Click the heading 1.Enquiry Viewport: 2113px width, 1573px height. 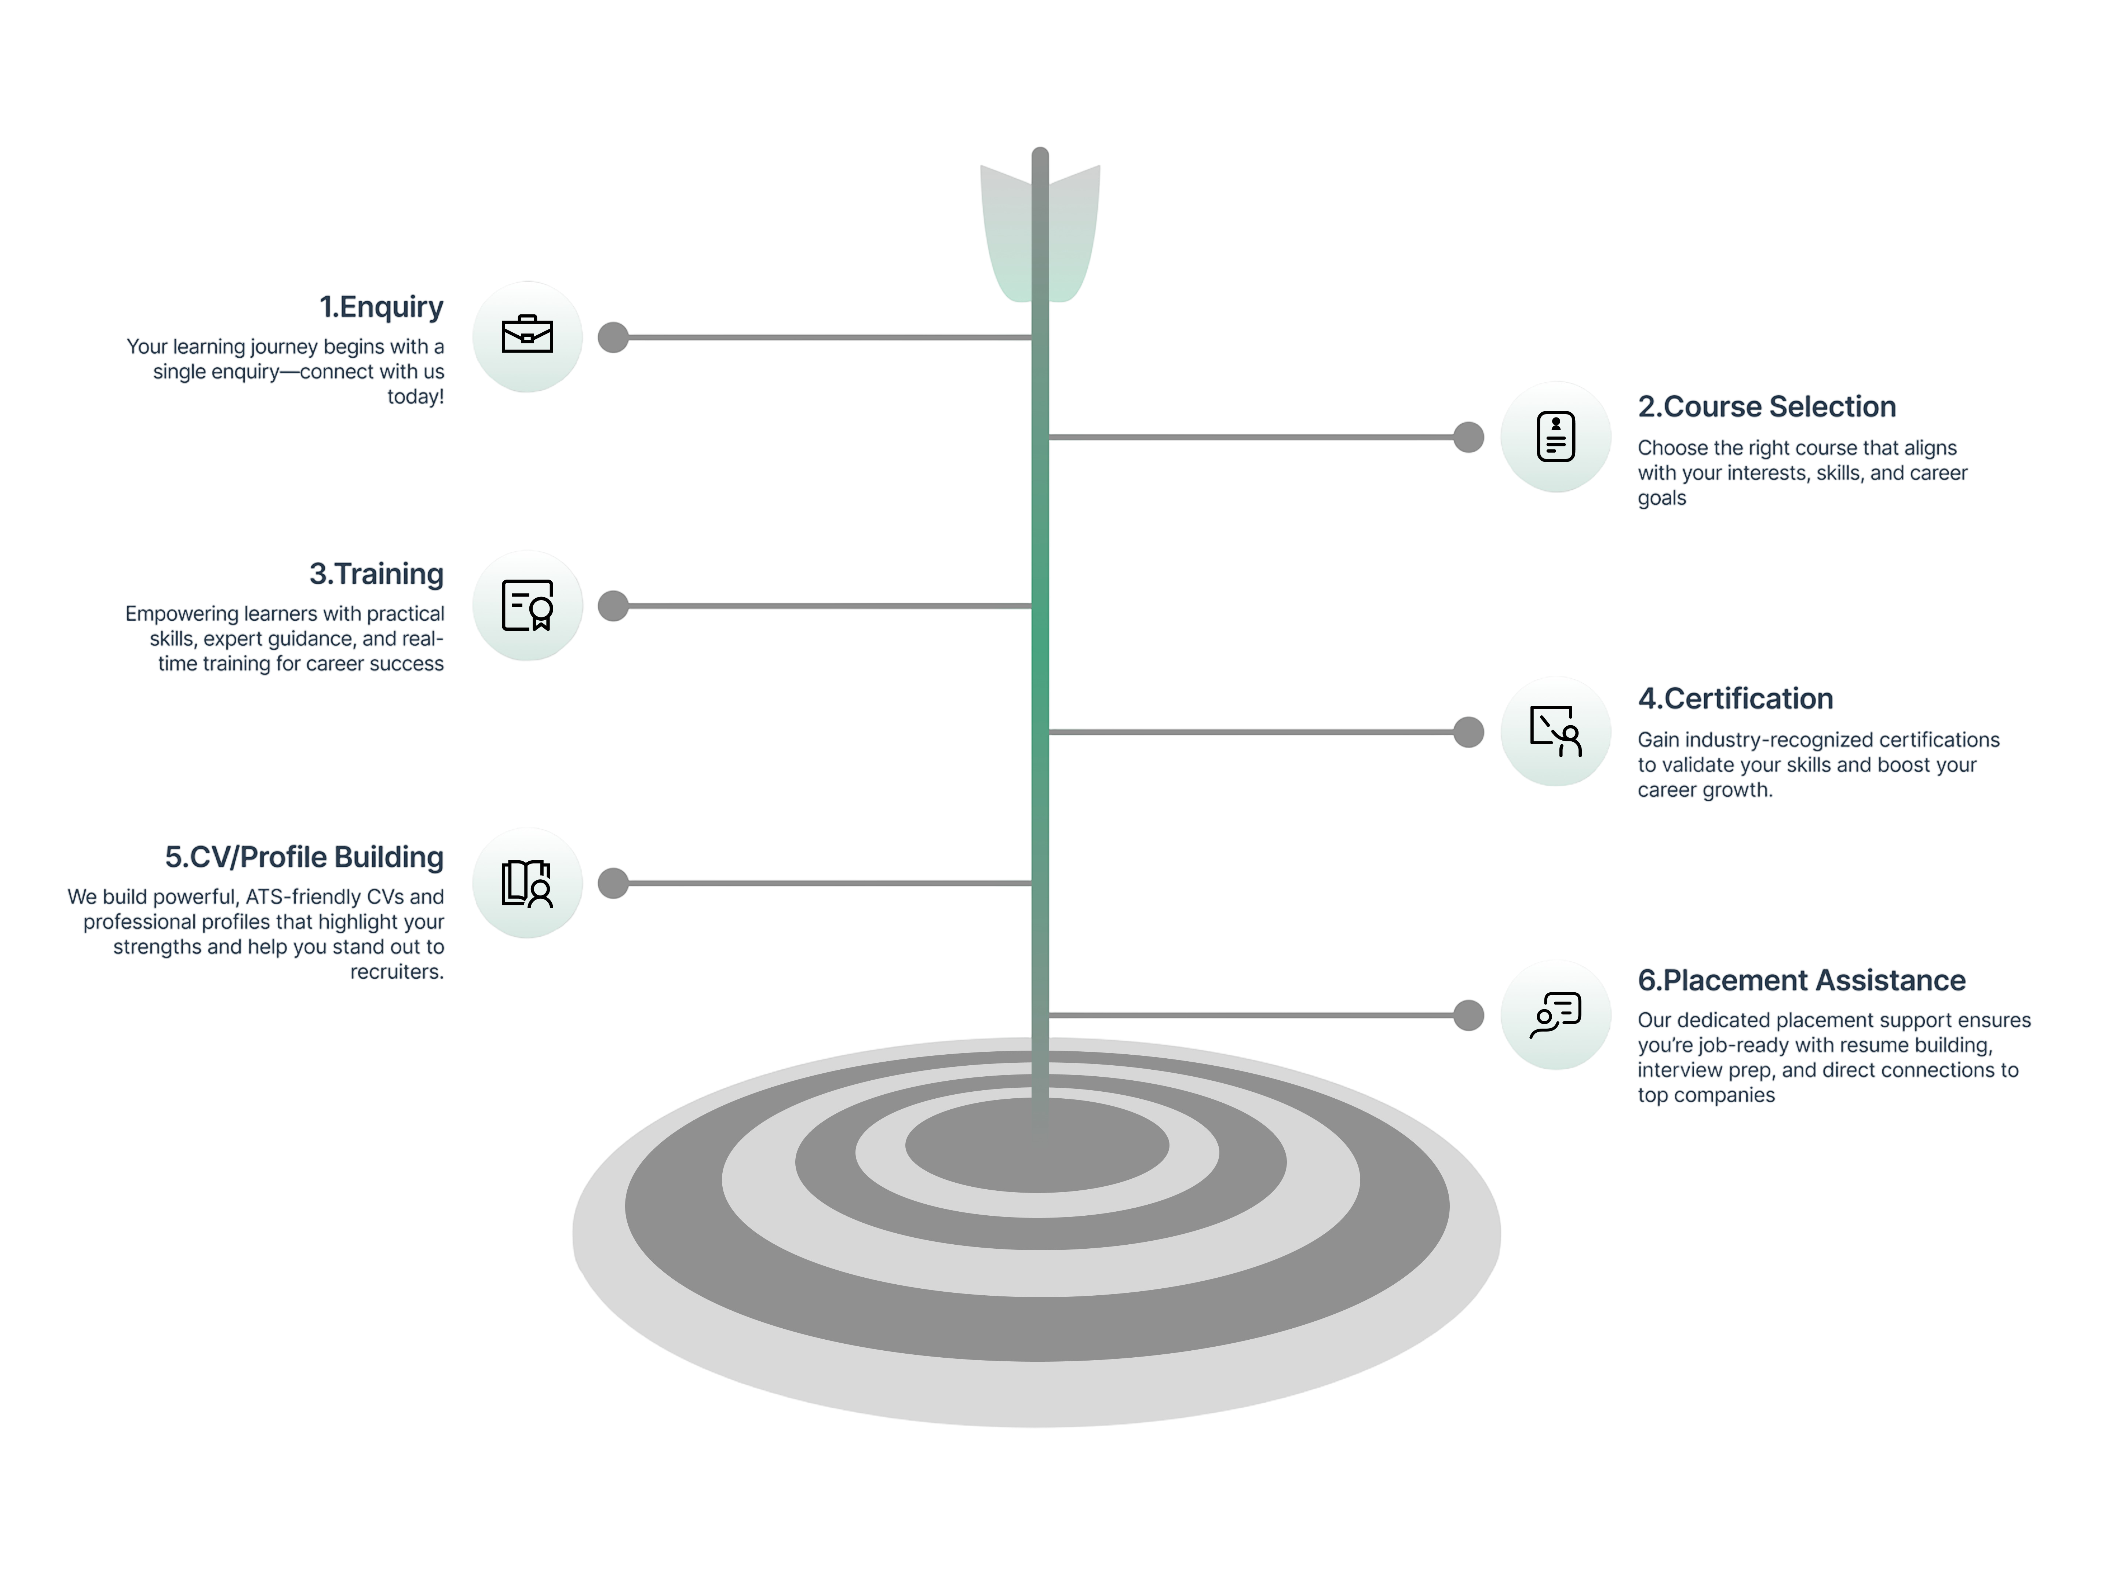pos(381,307)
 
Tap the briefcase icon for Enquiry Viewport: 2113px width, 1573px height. pos(526,336)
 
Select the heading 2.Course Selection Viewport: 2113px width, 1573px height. pos(1766,408)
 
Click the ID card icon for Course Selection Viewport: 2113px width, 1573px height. pos(1556,437)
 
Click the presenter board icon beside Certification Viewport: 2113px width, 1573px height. pos(1556,731)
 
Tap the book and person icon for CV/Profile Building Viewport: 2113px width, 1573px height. pos(526,884)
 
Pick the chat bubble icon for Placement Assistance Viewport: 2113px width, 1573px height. pos(1556,1015)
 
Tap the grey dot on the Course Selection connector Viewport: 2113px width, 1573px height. pos(1468,437)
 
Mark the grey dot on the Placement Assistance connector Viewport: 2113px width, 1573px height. pos(1468,1015)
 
